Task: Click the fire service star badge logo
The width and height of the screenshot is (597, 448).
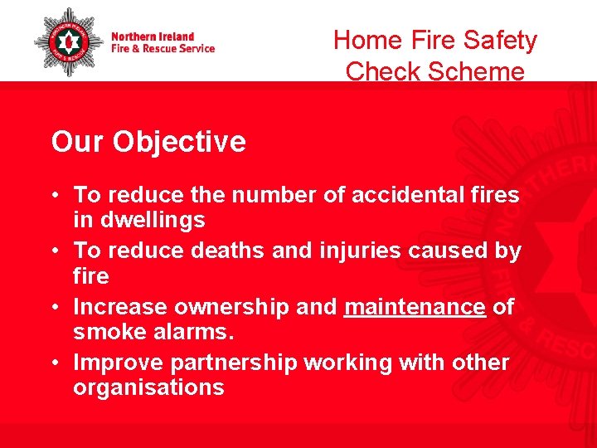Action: tap(68, 41)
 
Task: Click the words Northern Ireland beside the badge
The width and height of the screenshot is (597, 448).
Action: tap(153, 37)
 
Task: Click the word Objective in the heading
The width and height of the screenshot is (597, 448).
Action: tap(179, 142)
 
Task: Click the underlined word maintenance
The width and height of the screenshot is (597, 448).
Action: tap(415, 307)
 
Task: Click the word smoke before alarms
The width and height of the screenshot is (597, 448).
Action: tap(109, 333)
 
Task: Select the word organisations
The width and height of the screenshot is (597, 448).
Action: tap(148, 387)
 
